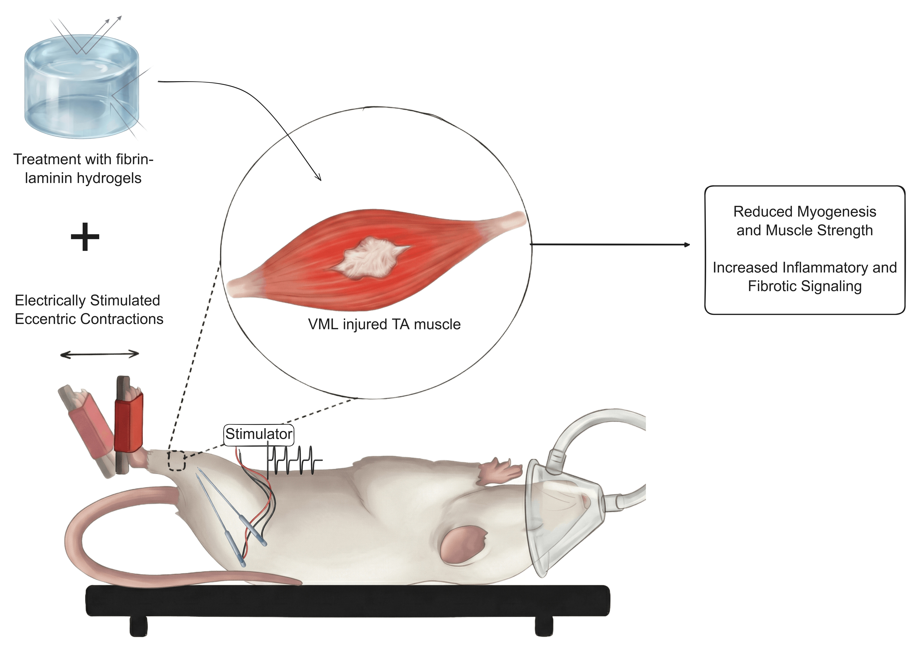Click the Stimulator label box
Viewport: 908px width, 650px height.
click(259, 434)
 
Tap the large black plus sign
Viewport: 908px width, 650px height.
click(85, 237)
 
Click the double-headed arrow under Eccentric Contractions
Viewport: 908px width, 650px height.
click(100, 354)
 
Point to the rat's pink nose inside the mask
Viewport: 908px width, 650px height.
click(587, 500)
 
